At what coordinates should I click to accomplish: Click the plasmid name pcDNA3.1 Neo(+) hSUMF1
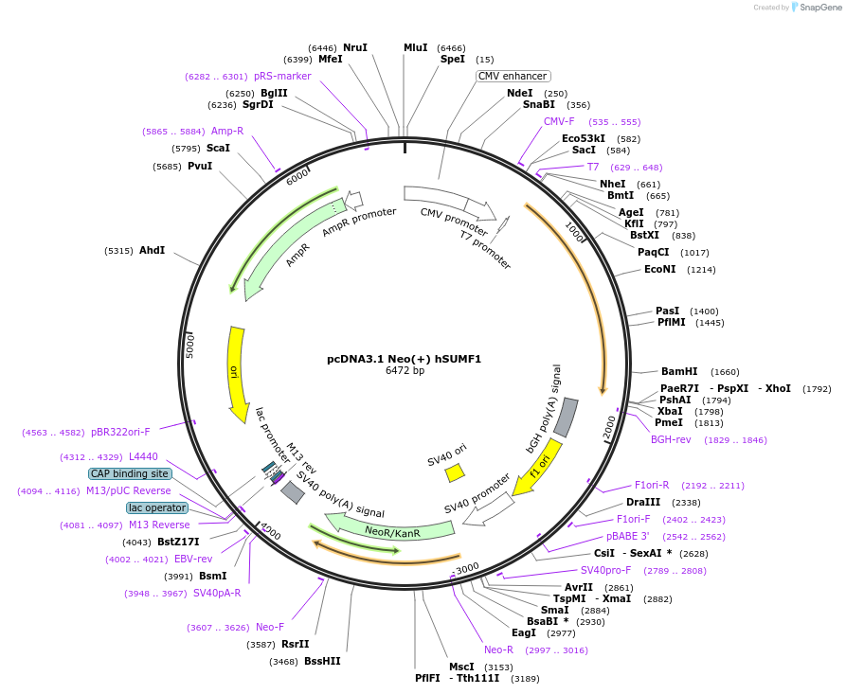(x=405, y=359)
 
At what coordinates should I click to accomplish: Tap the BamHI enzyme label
(x=678, y=371)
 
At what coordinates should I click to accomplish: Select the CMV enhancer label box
(x=513, y=76)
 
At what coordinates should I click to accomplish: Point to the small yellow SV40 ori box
(x=455, y=472)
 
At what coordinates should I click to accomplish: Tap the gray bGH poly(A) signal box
(x=566, y=417)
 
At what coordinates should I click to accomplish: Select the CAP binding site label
(x=130, y=473)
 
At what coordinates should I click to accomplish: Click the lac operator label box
(x=157, y=507)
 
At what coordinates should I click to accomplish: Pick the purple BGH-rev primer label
(x=671, y=439)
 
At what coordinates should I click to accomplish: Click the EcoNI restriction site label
(x=659, y=269)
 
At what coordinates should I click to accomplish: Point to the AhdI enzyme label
(x=152, y=250)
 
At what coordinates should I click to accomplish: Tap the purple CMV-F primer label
(x=559, y=121)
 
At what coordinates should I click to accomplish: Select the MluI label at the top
(x=415, y=47)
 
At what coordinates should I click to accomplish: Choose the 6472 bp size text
(x=405, y=370)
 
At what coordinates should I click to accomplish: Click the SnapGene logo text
(x=820, y=8)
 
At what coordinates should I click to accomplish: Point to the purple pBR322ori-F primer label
(x=120, y=432)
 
